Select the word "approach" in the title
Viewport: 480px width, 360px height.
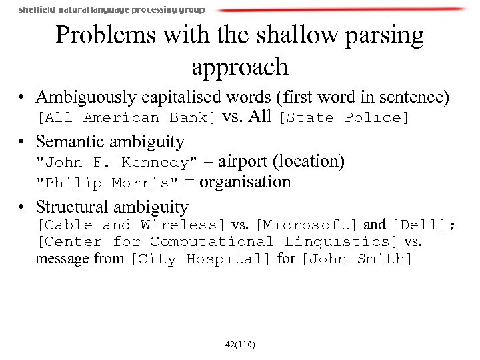click(x=239, y=67)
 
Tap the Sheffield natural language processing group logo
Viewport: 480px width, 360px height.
click(x=111, y=10)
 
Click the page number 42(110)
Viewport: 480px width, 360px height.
click(x=240, y=344)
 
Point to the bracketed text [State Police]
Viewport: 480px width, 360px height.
click(x=344, y=118)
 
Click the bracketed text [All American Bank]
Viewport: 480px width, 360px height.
click(x=126, y=118)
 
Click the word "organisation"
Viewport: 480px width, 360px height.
click(x=245, y=182)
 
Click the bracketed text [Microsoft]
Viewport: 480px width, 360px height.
click(x=307, y=225)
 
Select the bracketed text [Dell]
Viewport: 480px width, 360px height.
click(x=419, y=225)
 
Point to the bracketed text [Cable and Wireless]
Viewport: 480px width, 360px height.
click(x=132, y=225)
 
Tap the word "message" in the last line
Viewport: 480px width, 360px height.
click(x=62, y=259)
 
